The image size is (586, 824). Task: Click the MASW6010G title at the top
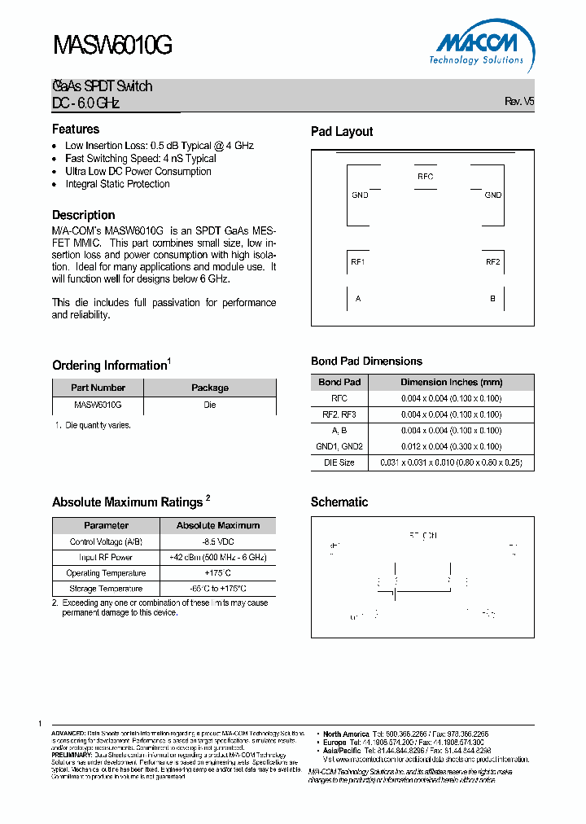[112, 47]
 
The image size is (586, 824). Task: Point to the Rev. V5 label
[519, 102]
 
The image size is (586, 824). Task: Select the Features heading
[76, 129]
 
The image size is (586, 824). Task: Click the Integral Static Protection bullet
[117, 184]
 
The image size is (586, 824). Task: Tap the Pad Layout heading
[342, 132]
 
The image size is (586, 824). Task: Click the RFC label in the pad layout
[425, 177]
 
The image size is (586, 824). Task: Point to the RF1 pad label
[357, 261]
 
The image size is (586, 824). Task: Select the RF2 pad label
[492, 261]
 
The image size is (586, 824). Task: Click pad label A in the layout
[358, 299]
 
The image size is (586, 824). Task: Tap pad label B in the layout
[492, 299]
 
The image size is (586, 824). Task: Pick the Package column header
[210, 388]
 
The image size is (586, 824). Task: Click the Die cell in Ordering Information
[210, 405]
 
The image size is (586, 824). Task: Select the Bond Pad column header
[339, 382]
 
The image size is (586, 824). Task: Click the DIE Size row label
[339, 462]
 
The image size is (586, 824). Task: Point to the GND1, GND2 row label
[339, 446]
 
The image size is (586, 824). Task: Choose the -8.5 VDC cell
[218, 541]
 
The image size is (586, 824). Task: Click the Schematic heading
[339, 502]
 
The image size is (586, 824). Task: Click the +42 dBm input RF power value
[218, 558]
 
